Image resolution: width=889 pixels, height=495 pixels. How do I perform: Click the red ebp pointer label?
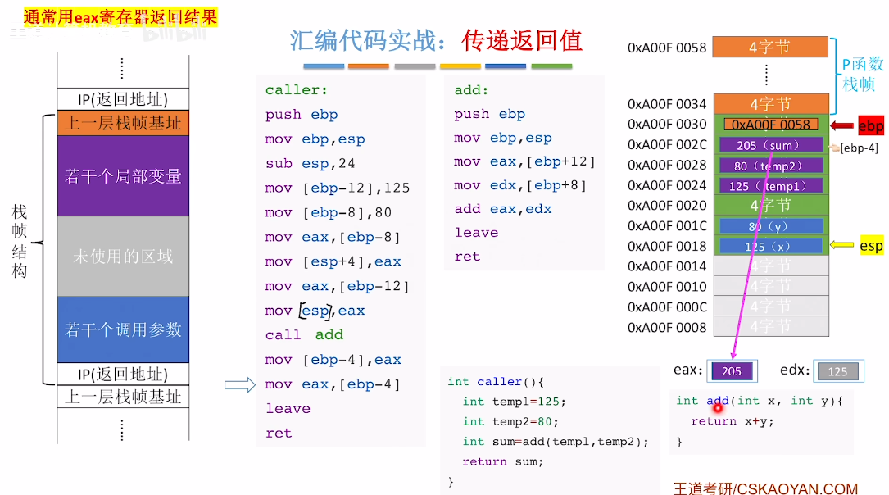(870, 126)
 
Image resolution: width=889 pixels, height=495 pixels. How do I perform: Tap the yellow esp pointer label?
(871, 246)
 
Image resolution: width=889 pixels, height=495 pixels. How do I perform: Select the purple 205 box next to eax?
(732, 371)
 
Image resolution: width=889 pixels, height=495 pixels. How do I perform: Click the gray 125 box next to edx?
(837, 371)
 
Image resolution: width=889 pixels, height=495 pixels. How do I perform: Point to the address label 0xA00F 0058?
(667, 48)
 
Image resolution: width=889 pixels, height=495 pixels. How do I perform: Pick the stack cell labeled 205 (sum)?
(770, 145)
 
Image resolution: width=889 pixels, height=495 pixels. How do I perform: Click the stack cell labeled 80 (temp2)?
(770, 166)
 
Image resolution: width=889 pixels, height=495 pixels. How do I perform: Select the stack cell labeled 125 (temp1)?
(770, 186)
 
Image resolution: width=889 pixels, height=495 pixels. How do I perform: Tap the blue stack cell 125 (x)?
(770, 246)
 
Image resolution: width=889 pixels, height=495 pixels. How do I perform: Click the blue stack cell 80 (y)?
(770, 225)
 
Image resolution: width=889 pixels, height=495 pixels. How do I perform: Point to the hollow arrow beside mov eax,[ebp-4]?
(240, 384)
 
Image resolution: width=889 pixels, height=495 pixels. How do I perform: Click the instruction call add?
(304, 335)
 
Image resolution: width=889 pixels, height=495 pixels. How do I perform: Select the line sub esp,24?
(310, 163)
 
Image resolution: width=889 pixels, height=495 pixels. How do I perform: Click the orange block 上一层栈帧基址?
(123, 124)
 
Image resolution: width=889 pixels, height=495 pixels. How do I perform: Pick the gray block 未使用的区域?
(123, 256)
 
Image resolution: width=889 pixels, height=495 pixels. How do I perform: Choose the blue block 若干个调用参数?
(123, 329)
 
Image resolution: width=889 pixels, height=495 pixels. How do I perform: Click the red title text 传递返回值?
(522, 40)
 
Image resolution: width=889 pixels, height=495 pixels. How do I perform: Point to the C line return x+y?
(733, 421)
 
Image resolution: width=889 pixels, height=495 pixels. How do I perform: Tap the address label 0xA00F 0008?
(667, 328)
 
